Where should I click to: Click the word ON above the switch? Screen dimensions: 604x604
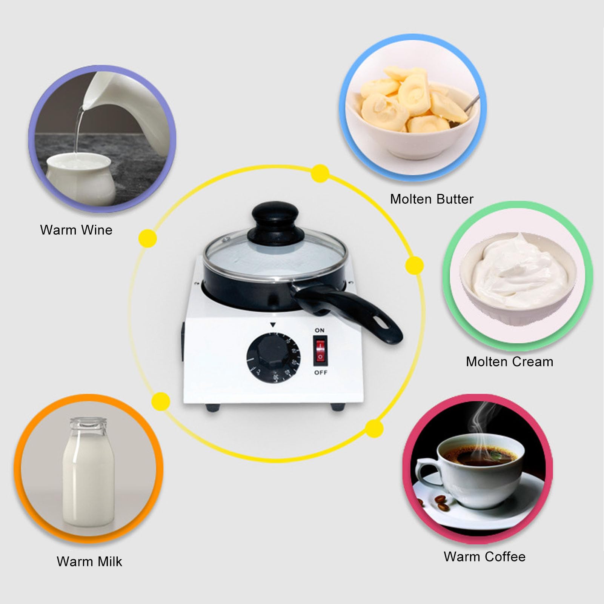pos(320,330)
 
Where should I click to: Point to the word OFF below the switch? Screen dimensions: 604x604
pos(320,373)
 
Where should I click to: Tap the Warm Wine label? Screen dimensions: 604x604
pos(76,230)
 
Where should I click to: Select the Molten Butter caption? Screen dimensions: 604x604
pos(432,199)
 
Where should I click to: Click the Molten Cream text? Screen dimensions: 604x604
pos(509,362)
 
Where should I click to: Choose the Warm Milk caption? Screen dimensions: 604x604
pos(89,561)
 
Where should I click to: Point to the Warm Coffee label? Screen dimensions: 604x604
pos(484,556)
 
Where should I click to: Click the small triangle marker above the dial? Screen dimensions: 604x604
pos(273,324)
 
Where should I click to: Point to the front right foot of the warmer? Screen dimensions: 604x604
pos(337,407)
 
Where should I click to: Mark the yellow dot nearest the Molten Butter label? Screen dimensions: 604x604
pos(320,174)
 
